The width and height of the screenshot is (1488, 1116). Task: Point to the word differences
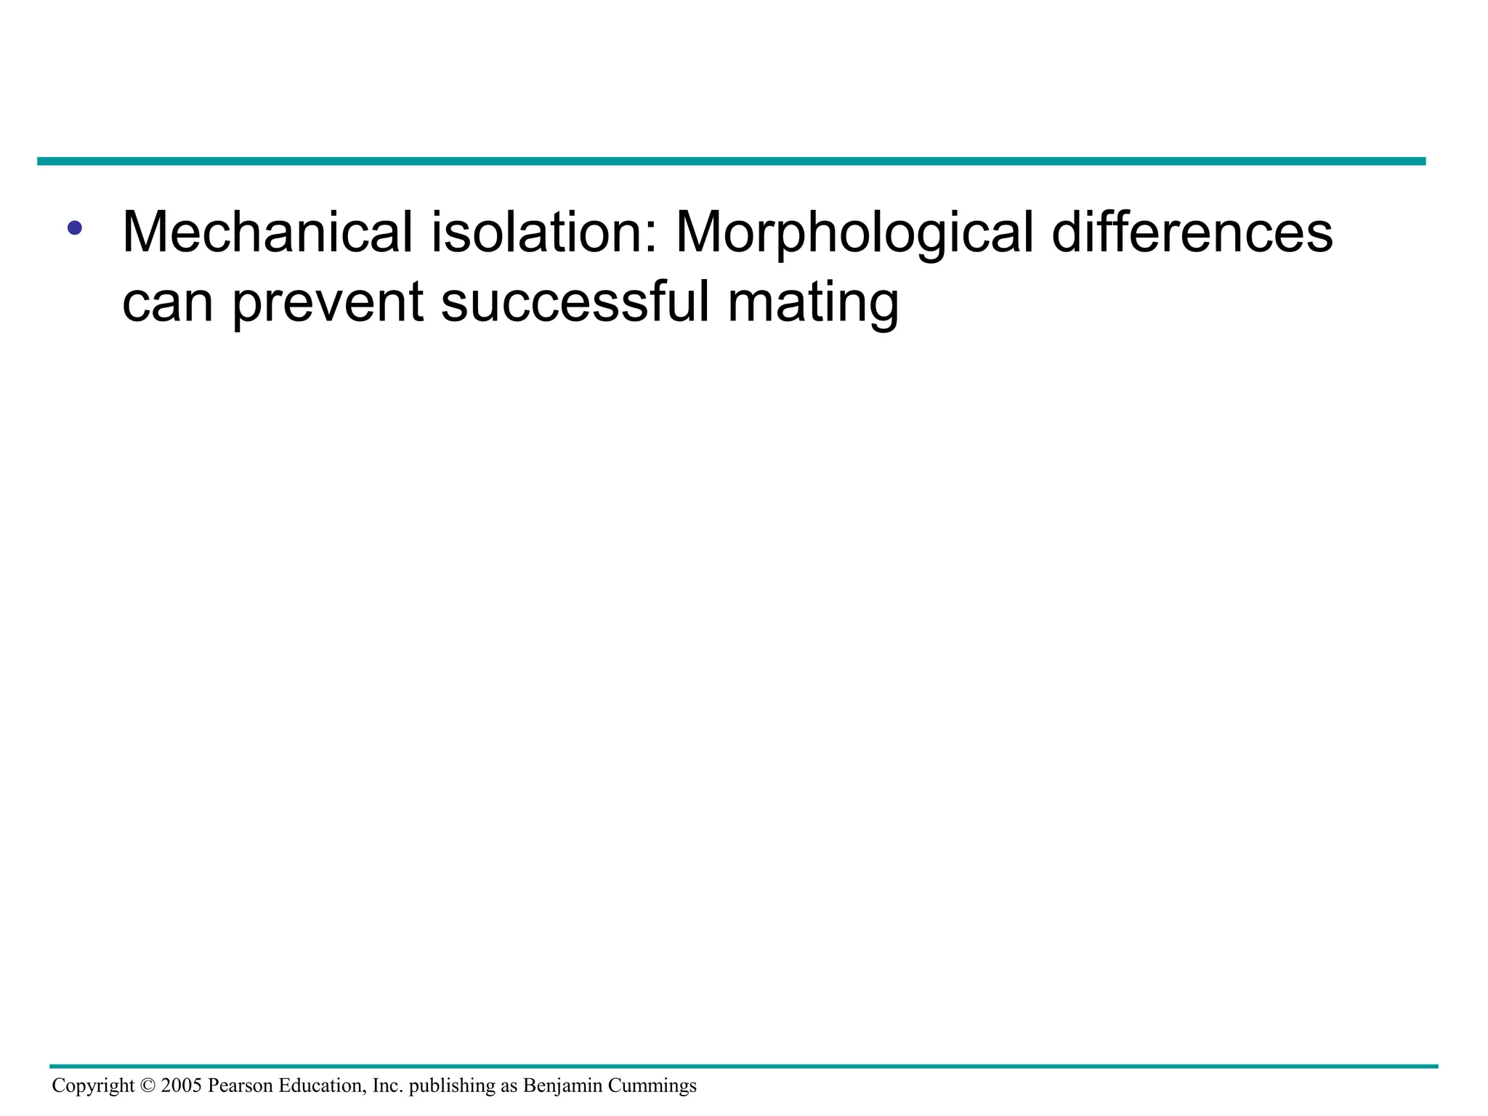pyautogui.click(x=1192, y=232)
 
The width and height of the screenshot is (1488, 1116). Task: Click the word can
pyautogui.click(x=167, y=302)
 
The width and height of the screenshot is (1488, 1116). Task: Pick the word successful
pyautogui.click(x=575, y=302)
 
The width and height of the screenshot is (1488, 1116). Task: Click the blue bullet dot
pyautogui.click(x=74, y=227)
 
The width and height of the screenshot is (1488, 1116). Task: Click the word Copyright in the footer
pyautogui.click(x=93, y=1086)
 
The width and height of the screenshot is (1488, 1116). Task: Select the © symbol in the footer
pyautogui.click(x=147, y=1085)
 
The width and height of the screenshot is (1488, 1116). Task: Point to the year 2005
pyautogui.click(x=181, y=1085)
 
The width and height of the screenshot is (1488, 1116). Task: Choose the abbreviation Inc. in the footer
pyautogui.click(x=387, y=1085)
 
